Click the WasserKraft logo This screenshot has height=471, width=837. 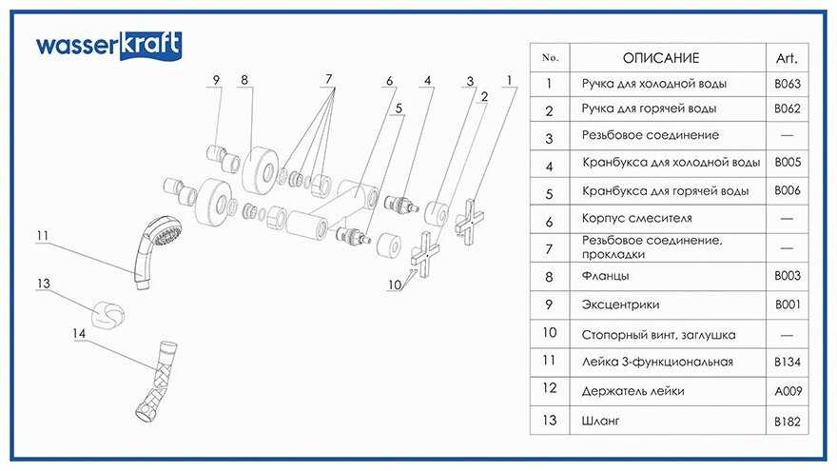[x=108, y=45]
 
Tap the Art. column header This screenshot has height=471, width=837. [x=787, y=58]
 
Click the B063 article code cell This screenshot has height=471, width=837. [x=788, y=84]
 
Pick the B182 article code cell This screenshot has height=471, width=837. [x=788, y=420]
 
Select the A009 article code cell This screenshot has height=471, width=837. [x=788, y=391]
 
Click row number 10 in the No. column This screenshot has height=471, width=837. [x=549, y=334]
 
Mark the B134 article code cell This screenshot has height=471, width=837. [x=788, y=362]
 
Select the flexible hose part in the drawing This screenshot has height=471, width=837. [x=158, y=381]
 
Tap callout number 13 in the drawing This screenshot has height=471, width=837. [x=43, y=284]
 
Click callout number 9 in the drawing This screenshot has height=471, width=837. [x=217, y=80]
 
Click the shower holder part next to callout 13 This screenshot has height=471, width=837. [x=110, y=315]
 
